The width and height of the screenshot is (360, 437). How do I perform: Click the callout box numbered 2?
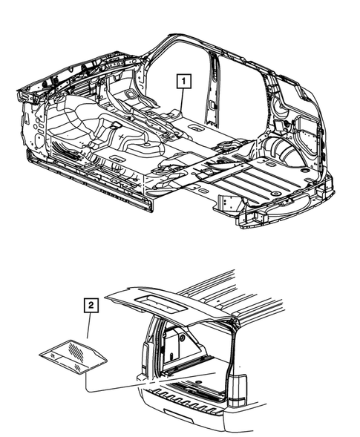point(90,305)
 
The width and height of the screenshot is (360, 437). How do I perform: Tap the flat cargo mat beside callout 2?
point(73,352)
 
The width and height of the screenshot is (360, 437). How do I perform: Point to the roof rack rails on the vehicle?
point(245,285)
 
